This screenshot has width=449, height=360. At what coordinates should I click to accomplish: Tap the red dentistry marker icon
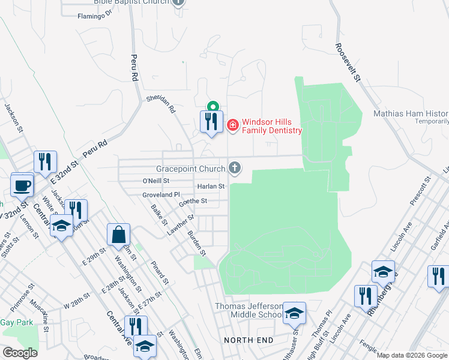tap(233, 125)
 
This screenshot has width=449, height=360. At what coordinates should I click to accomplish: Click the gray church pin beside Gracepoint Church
tap(235, 168)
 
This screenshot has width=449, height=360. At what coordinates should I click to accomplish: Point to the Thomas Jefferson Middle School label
tap(249, 311)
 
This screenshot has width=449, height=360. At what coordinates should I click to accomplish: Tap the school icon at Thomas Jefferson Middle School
tap(294, 313)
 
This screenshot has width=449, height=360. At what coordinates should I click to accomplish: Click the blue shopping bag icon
tap(118, 234)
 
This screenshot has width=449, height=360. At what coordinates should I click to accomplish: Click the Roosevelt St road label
tap(347, 62)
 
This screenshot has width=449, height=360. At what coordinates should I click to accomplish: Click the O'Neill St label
tap(156, 181)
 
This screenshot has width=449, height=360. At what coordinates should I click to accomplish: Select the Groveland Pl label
tap(161, 194)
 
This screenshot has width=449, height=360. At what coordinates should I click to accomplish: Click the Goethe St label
tap(193, 202)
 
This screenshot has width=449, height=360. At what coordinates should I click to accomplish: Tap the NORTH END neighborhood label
tap(249, 340)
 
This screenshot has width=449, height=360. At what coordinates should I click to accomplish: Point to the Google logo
tap(19, 353)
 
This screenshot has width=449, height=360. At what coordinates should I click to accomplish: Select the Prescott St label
tap(421, 191)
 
